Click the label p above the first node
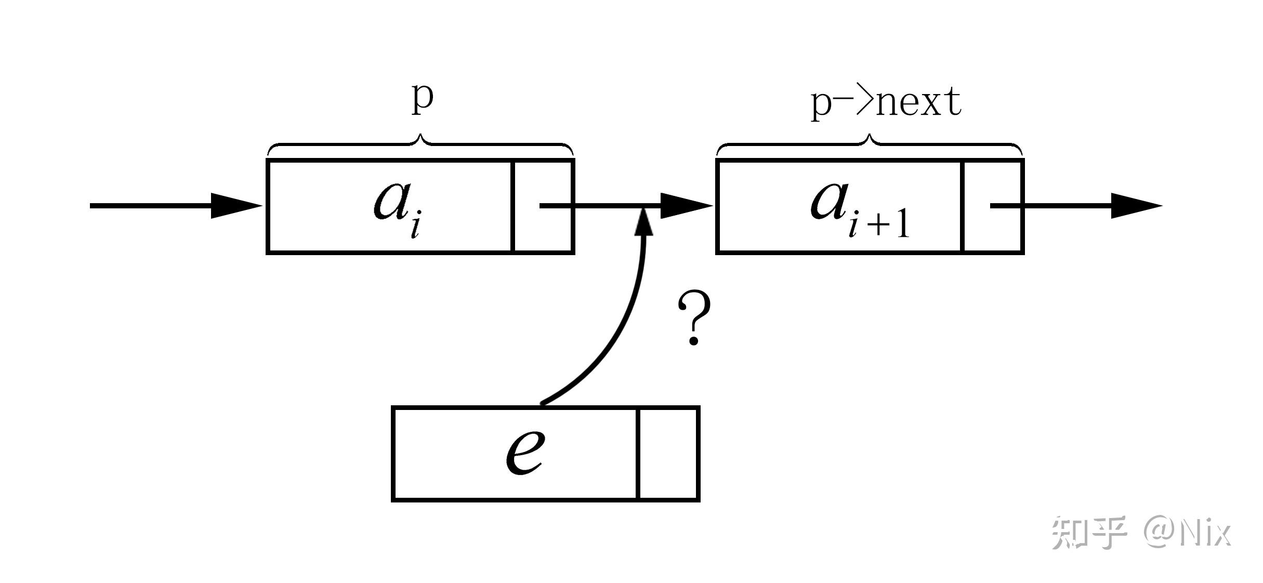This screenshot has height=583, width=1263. [x=422, y=100]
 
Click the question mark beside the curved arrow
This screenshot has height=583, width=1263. [x=694, y=318]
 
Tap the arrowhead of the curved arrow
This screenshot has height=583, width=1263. [x=645, y=221]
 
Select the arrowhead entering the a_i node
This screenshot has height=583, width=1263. [x=236, y=206]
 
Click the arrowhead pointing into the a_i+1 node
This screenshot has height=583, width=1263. [x=687, y=206]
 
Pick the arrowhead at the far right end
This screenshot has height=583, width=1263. [x=1137, y=206]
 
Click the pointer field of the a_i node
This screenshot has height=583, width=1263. [x=543, y=206]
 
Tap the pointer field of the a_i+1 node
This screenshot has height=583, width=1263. [x=993, y=206]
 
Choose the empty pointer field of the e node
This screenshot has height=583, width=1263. [x=668, y=454]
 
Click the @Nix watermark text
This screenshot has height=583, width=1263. [x=1188, y=533]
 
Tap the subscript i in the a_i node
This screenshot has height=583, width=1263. [x=415, y=228]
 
